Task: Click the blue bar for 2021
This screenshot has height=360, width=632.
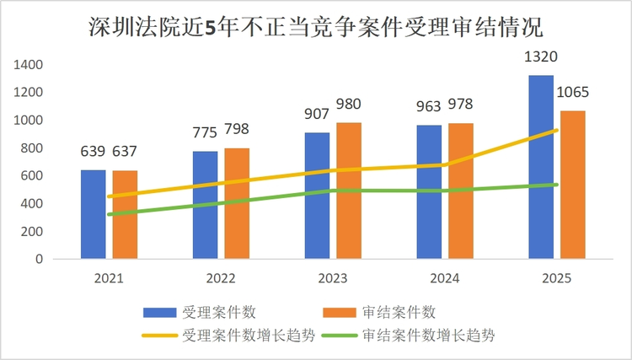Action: [93, 214]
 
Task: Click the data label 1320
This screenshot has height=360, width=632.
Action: [541, 58]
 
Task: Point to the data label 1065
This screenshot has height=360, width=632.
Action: [572, 93]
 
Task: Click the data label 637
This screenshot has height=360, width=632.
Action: [125, 153]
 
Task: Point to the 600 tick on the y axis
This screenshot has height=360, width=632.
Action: [32, 176]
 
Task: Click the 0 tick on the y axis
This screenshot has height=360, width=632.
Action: [39, 260]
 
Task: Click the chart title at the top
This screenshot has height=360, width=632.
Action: [316, 26]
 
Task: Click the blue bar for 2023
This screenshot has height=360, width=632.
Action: [317, 196]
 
